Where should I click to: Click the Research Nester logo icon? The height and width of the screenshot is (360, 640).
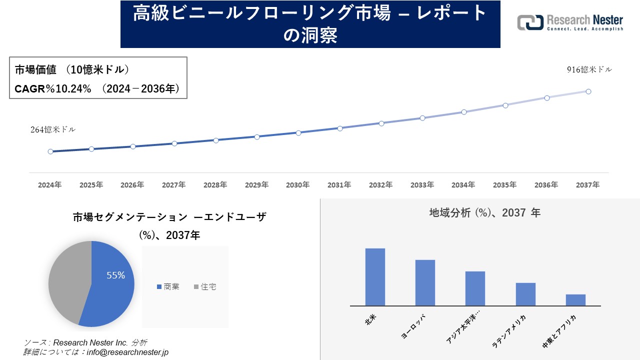pos(530,22)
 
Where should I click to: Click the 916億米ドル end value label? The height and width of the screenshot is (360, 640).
pos(589,70)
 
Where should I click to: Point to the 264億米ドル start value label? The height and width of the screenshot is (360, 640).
pos(53,129)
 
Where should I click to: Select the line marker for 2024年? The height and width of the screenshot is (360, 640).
pos(50,151)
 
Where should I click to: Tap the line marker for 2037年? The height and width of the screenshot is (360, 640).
pos(588,91)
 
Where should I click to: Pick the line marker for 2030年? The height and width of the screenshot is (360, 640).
pos(298,133)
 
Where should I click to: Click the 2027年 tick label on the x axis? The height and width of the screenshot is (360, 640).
pos(174,185)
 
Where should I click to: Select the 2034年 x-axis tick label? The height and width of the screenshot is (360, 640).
pos(463,185)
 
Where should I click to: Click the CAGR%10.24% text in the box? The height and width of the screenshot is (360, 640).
pos(53,89)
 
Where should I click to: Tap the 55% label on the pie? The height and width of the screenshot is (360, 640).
pos(115,275)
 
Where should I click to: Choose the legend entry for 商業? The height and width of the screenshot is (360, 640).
pos(168,287)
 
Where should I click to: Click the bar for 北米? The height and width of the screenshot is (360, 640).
pos(375,277)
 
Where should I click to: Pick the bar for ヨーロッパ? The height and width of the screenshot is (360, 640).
pos(425,282)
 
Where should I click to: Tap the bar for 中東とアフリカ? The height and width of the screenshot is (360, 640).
pos(575,300)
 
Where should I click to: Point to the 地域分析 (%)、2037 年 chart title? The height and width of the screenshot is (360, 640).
pos(484,213)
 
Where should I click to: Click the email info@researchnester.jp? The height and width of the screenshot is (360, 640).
pos(128,352)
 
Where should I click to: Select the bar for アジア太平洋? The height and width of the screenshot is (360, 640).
pos(475,288)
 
